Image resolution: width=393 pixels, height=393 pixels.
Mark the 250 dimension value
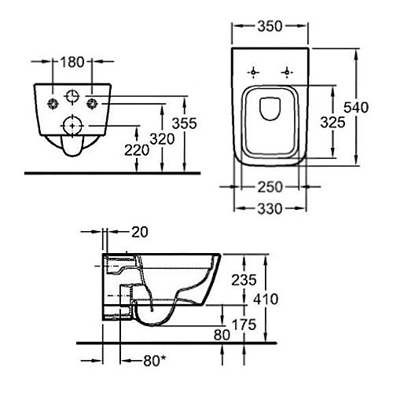(269, 188)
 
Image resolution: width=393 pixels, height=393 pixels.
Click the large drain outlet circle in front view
(72, 125)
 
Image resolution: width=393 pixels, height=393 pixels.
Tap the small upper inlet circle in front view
(72, 97)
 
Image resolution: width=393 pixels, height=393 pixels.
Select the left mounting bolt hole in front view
(53, 104)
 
